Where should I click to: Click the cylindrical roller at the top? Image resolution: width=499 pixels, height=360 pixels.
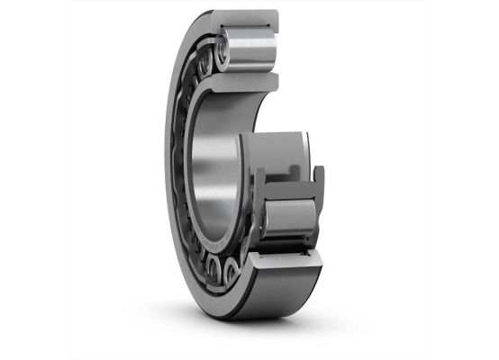click(249, 50)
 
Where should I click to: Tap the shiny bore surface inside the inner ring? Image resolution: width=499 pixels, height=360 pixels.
click(216, 171)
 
